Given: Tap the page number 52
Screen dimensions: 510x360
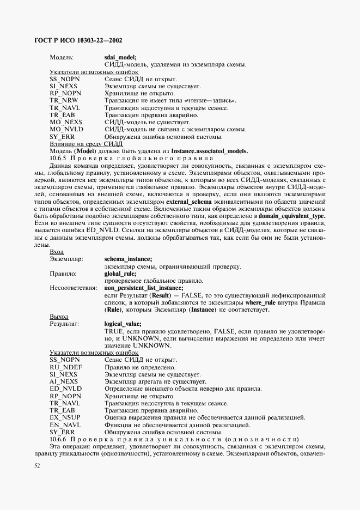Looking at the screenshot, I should click(x=37, y=465).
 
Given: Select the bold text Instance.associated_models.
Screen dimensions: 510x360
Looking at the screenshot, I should click(x=209, y=151).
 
